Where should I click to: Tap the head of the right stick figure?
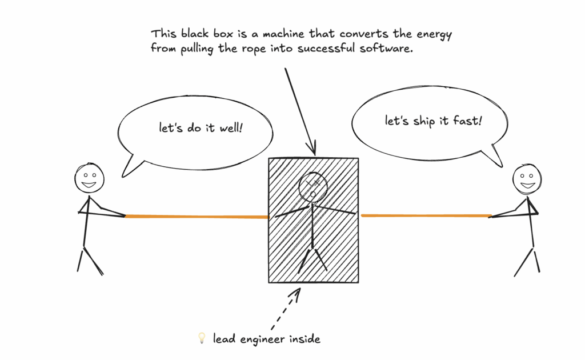tap(527, 178)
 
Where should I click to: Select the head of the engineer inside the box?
tap(312, 186)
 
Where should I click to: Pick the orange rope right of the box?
tap(426, 215)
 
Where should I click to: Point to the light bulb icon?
tap(201, 339)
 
